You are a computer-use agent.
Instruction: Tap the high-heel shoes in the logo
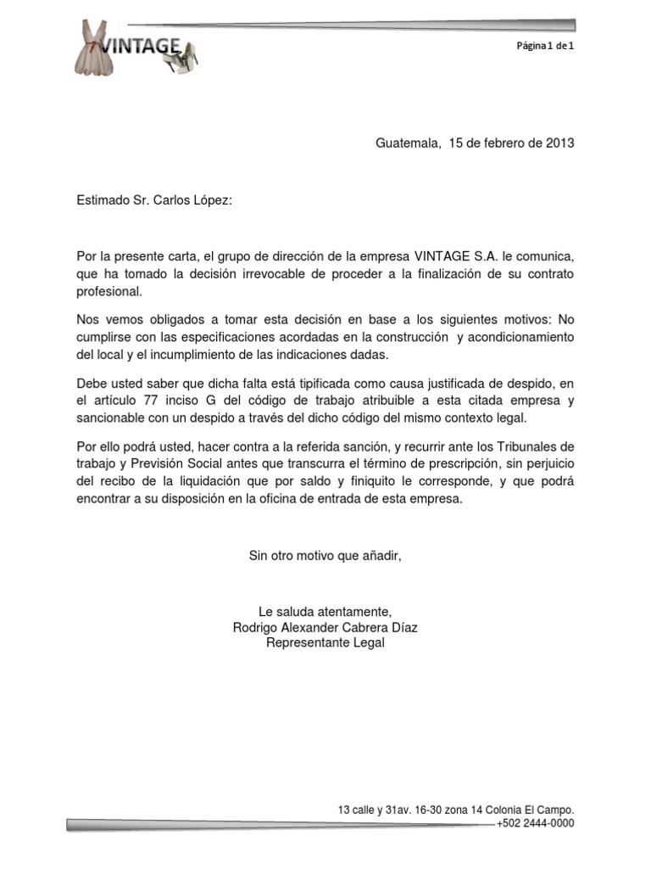185,62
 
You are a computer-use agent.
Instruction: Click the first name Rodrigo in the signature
256,628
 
